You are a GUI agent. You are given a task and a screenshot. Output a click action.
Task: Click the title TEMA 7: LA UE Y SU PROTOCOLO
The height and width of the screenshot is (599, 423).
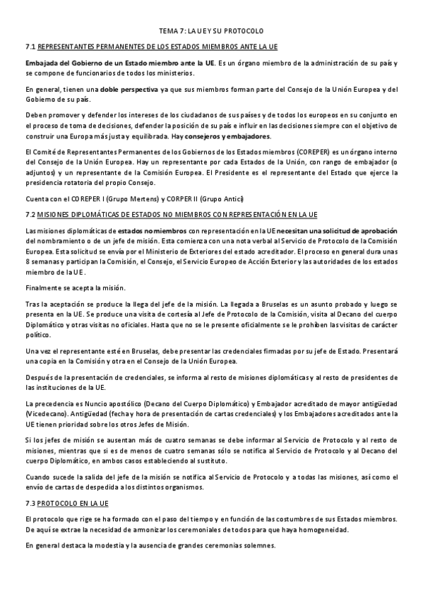click(x=210, y=32)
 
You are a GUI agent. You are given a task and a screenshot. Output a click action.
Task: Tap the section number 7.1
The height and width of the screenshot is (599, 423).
click(x=30, y=47)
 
